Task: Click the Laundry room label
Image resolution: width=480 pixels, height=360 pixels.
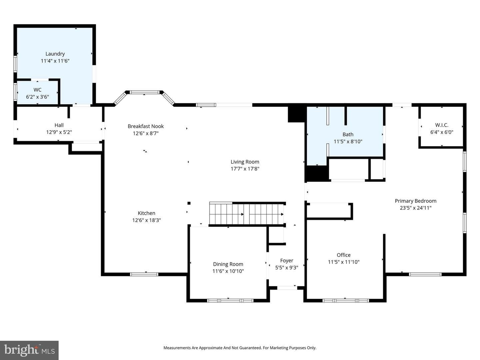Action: point(55,54)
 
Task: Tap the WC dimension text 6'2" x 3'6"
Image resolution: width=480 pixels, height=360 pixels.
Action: point(37,97)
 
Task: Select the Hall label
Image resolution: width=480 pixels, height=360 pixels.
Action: point(59,125)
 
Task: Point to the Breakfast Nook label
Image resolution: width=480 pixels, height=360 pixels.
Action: point(146,126)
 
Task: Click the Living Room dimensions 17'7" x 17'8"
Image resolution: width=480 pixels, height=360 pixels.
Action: point(245,169)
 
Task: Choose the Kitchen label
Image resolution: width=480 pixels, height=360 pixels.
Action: point(147,213)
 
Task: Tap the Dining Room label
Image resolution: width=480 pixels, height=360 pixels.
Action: point(228,264)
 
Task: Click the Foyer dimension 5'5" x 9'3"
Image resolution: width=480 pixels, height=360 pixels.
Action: point(287,268)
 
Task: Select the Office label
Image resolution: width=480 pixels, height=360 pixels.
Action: point(344,255)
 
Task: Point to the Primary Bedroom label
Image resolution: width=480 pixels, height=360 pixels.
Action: point(415,201)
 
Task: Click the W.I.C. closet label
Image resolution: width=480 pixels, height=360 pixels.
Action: point(442,125)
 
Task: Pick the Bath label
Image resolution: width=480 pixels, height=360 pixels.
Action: point(348,134)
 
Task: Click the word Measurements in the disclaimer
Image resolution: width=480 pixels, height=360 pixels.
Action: point(177,348)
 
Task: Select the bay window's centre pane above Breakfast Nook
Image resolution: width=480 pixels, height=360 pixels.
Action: point(145,92)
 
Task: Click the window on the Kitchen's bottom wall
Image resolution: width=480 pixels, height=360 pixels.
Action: point(144,274)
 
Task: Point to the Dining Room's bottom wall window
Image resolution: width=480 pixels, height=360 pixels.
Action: point(230,301)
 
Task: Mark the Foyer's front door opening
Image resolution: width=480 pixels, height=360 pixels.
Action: point(287,288)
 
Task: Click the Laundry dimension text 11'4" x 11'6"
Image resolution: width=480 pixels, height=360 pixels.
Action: point(55,61)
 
